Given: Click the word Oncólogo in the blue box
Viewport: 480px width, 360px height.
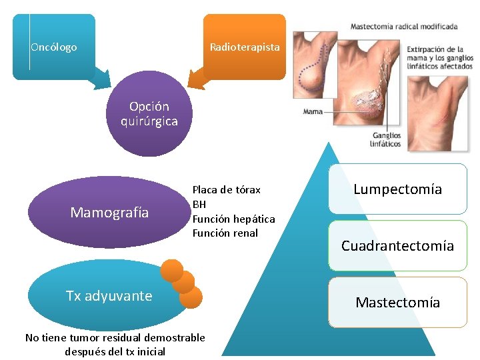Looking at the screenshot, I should click(54, 47).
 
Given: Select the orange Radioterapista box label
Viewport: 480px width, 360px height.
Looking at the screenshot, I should click(245, 47).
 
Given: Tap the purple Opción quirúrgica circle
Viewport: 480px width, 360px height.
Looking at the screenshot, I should click(149, 114).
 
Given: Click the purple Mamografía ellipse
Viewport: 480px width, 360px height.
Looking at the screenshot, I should click(109, 213).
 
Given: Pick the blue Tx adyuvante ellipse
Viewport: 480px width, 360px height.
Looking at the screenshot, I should click(109, 296).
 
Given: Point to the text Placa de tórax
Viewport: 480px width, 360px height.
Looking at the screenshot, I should click(227, 190).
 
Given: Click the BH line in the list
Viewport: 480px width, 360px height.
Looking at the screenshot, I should click(199, 204).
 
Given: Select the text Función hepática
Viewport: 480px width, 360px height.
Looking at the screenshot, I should click(233, 219).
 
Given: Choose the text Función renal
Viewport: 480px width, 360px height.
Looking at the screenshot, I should click(225, 233).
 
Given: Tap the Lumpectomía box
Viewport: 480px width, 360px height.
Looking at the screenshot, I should click(397, 189).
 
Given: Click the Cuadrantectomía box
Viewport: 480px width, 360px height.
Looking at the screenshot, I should click(397, 246).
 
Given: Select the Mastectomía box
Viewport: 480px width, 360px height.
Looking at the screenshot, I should click(397, 303).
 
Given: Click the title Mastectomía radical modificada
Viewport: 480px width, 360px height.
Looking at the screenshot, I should click(404, 27).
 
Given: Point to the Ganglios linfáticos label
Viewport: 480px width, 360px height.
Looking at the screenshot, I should click(387, 139).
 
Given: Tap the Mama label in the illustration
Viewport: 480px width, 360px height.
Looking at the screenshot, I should click(313, 112).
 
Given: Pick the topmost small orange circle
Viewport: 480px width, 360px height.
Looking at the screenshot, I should click(172, 269).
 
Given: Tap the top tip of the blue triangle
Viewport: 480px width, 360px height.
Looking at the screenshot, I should click(327, 143).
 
